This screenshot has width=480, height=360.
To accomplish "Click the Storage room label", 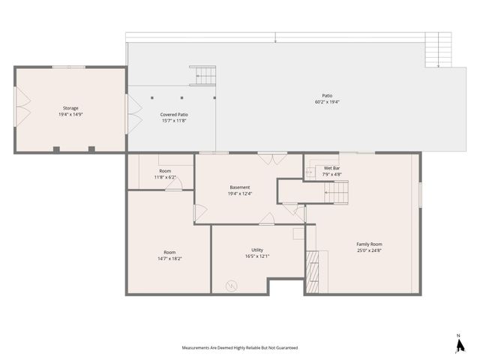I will tap(70, 108).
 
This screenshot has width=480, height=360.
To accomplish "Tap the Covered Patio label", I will tap(173, 115).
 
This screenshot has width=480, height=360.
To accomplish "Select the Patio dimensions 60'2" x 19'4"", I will tap(327, 102).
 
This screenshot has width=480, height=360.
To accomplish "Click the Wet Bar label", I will tap(332, 169).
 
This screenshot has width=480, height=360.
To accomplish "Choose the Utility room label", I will tap(257, 250).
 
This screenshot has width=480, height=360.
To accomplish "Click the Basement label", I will tap(240, 187).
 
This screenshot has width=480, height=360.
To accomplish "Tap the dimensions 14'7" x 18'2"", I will tap(169, 258).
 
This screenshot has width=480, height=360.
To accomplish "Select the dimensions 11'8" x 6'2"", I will tap(165, 177).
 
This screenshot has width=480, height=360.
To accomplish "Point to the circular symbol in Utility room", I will tap(232, 285).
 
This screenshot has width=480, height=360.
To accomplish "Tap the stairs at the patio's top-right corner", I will tap(433, 50).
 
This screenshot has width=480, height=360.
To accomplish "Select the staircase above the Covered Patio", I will tap(202, 75).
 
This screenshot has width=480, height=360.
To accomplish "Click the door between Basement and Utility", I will tap(267, 220).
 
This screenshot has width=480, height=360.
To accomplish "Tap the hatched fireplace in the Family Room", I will tap(311, 265).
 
